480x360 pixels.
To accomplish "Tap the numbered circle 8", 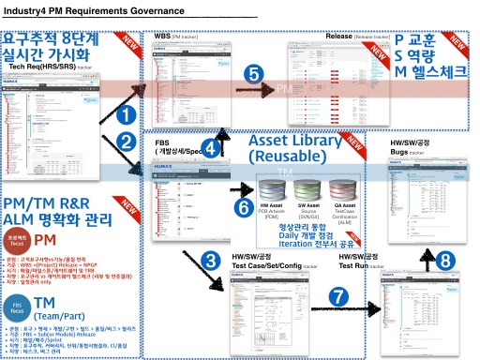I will (x=445, y=260).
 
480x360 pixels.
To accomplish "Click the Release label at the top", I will (x=338, y=37).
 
